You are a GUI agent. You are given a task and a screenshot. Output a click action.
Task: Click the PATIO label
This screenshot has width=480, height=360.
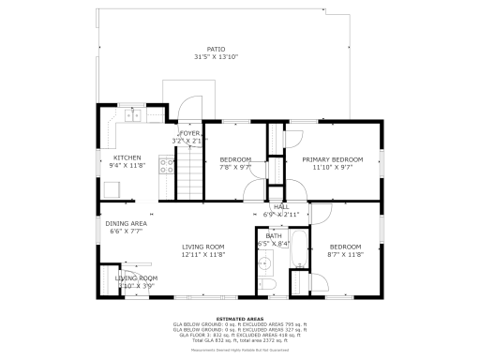216,50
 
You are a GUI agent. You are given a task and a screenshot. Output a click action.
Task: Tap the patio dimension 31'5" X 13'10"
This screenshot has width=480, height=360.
216,58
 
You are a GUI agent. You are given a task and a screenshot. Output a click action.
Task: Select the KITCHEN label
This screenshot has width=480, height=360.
127,157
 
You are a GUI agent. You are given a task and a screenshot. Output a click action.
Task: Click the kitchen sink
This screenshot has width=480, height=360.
132,116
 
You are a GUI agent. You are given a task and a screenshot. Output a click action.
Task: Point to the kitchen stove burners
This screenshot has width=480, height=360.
167,167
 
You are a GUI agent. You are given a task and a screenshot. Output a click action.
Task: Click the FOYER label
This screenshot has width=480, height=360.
190,134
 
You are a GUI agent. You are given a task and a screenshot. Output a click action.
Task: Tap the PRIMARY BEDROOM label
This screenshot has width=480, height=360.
332,159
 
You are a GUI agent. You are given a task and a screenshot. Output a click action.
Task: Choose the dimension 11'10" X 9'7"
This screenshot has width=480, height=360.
332,168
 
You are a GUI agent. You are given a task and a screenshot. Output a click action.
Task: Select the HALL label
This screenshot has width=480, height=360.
280,207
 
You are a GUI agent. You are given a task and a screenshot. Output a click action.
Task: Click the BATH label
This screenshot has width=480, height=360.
273,236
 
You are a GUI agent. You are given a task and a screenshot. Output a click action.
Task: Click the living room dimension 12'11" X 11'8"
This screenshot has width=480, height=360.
202,254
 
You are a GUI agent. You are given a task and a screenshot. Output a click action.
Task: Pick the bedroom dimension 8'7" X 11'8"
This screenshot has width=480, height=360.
345,254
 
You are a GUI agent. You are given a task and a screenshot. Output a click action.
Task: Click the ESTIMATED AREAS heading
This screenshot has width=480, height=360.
239,318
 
